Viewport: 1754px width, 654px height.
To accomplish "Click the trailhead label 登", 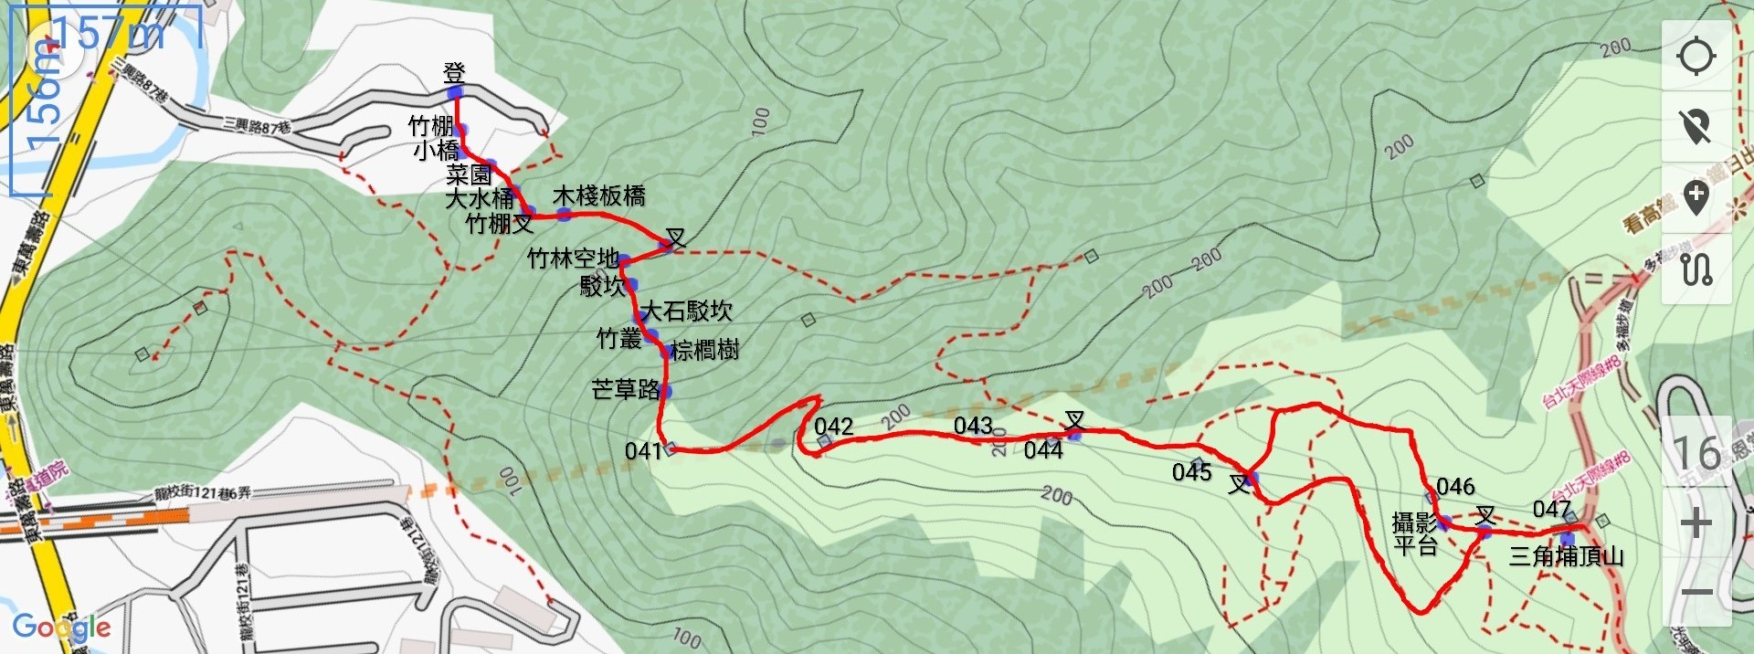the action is tap(454, 72).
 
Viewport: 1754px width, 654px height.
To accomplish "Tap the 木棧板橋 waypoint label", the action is tap(598, 195).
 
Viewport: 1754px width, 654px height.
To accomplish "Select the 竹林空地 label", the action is tap(573, 258).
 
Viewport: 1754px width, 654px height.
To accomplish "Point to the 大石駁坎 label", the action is tap(686, 311).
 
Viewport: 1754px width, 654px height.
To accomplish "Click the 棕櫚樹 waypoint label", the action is tap(704, 350).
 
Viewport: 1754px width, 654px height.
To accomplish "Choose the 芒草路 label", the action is tap(625, 390).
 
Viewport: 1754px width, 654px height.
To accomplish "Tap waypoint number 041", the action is tap(642, 450).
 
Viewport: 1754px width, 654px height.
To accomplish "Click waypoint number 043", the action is tap(972, 426).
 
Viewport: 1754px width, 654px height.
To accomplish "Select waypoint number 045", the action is tap(1191, 472).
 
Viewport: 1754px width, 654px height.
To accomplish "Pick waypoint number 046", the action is tap(1455, 486).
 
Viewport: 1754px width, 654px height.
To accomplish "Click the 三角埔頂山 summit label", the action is tap(1566, 555).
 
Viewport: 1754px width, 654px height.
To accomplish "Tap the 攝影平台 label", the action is tap(1414, 534).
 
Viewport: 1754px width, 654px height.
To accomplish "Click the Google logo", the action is tap(61, 628).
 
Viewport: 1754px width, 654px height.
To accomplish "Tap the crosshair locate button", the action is tap(1696, 56).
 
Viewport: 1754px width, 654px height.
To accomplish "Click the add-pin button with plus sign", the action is tap(1696, 198).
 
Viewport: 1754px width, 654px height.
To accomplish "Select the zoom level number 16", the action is tap(1696, 452).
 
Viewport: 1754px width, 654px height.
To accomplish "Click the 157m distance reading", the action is tap(108, 34).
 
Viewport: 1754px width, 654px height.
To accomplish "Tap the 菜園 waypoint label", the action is tap(469, 174).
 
